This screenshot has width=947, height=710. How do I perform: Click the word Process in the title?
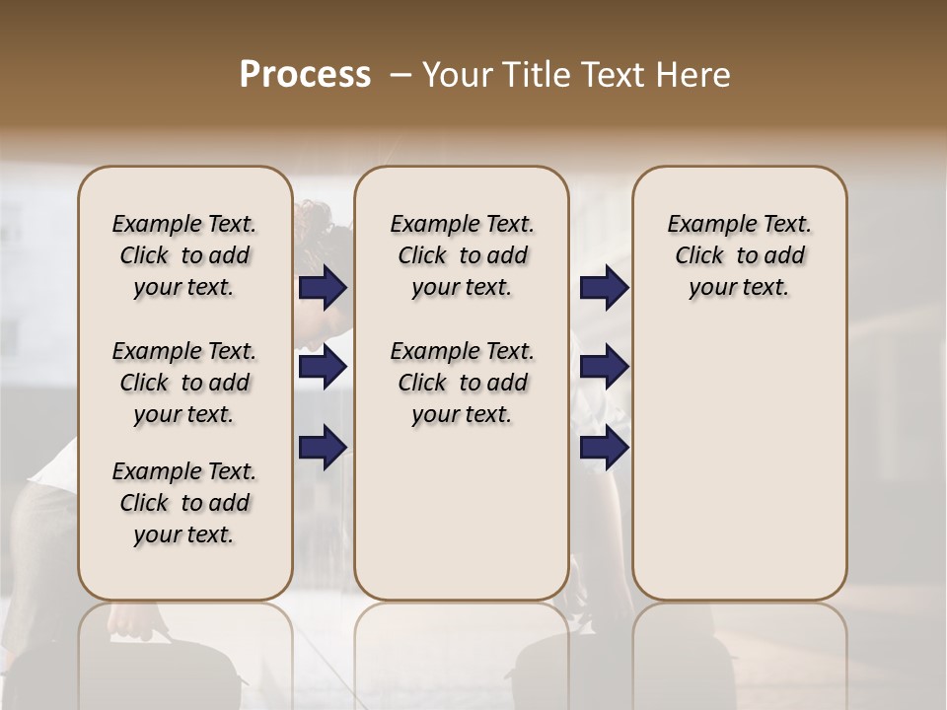pos(304,75)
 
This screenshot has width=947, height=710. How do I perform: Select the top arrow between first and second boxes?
pos(323,288)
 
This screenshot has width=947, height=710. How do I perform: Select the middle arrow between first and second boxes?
pos(323,368)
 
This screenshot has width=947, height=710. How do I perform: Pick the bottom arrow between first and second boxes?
pos(323,448)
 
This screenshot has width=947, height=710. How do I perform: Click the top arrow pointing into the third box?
pos(604,288)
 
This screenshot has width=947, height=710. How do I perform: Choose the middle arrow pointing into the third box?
pos(604,368)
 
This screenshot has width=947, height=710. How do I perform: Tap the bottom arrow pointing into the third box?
pos(604,448)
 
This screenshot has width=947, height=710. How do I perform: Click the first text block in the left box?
pos(184,255)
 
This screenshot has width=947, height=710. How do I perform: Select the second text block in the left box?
pos(184,383)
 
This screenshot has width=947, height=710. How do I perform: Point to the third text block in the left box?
pos(184,503)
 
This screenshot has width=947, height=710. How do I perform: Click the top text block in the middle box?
pos(462,255)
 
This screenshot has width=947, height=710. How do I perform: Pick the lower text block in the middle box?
pos(462,383)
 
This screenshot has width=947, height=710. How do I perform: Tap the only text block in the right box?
pos(739,255)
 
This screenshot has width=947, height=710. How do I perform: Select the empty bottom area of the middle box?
pos(462,523)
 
